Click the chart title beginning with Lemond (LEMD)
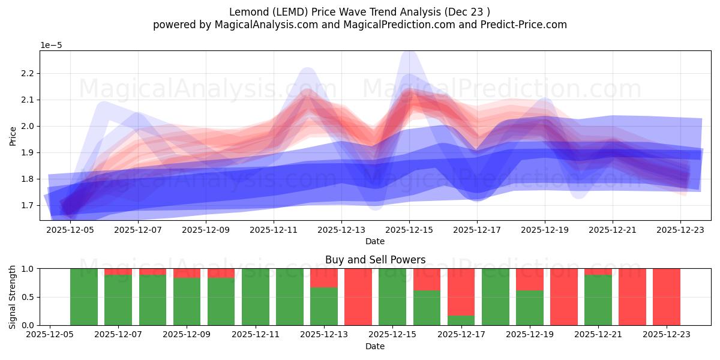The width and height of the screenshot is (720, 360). (x=359, y=12)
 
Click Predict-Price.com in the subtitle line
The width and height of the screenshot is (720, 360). (x=519, y=25)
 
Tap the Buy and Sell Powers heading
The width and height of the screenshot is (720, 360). (x=375, y=260)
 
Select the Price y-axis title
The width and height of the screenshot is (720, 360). (x=13, y=136)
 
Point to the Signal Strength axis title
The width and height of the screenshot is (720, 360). (x=13, y=296)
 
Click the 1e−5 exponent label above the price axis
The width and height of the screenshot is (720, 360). (x=51, y=46)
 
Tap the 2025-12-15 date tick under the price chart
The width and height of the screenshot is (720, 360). (x=409, y=229)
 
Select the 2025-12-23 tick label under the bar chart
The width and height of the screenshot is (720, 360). (x=667, y=334)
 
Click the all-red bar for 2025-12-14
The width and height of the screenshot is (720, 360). (x=358, y=297)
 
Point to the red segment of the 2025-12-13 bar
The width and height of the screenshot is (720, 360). (x=324, y=278)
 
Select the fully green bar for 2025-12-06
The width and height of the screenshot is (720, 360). (x=84, y=297)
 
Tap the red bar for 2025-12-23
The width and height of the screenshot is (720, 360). (x=667, y=297)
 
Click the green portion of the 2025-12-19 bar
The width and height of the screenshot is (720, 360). (x=530, y=308)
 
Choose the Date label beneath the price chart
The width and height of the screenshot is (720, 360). (x=375, y=241)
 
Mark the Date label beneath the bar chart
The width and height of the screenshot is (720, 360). (x=375, y=346)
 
